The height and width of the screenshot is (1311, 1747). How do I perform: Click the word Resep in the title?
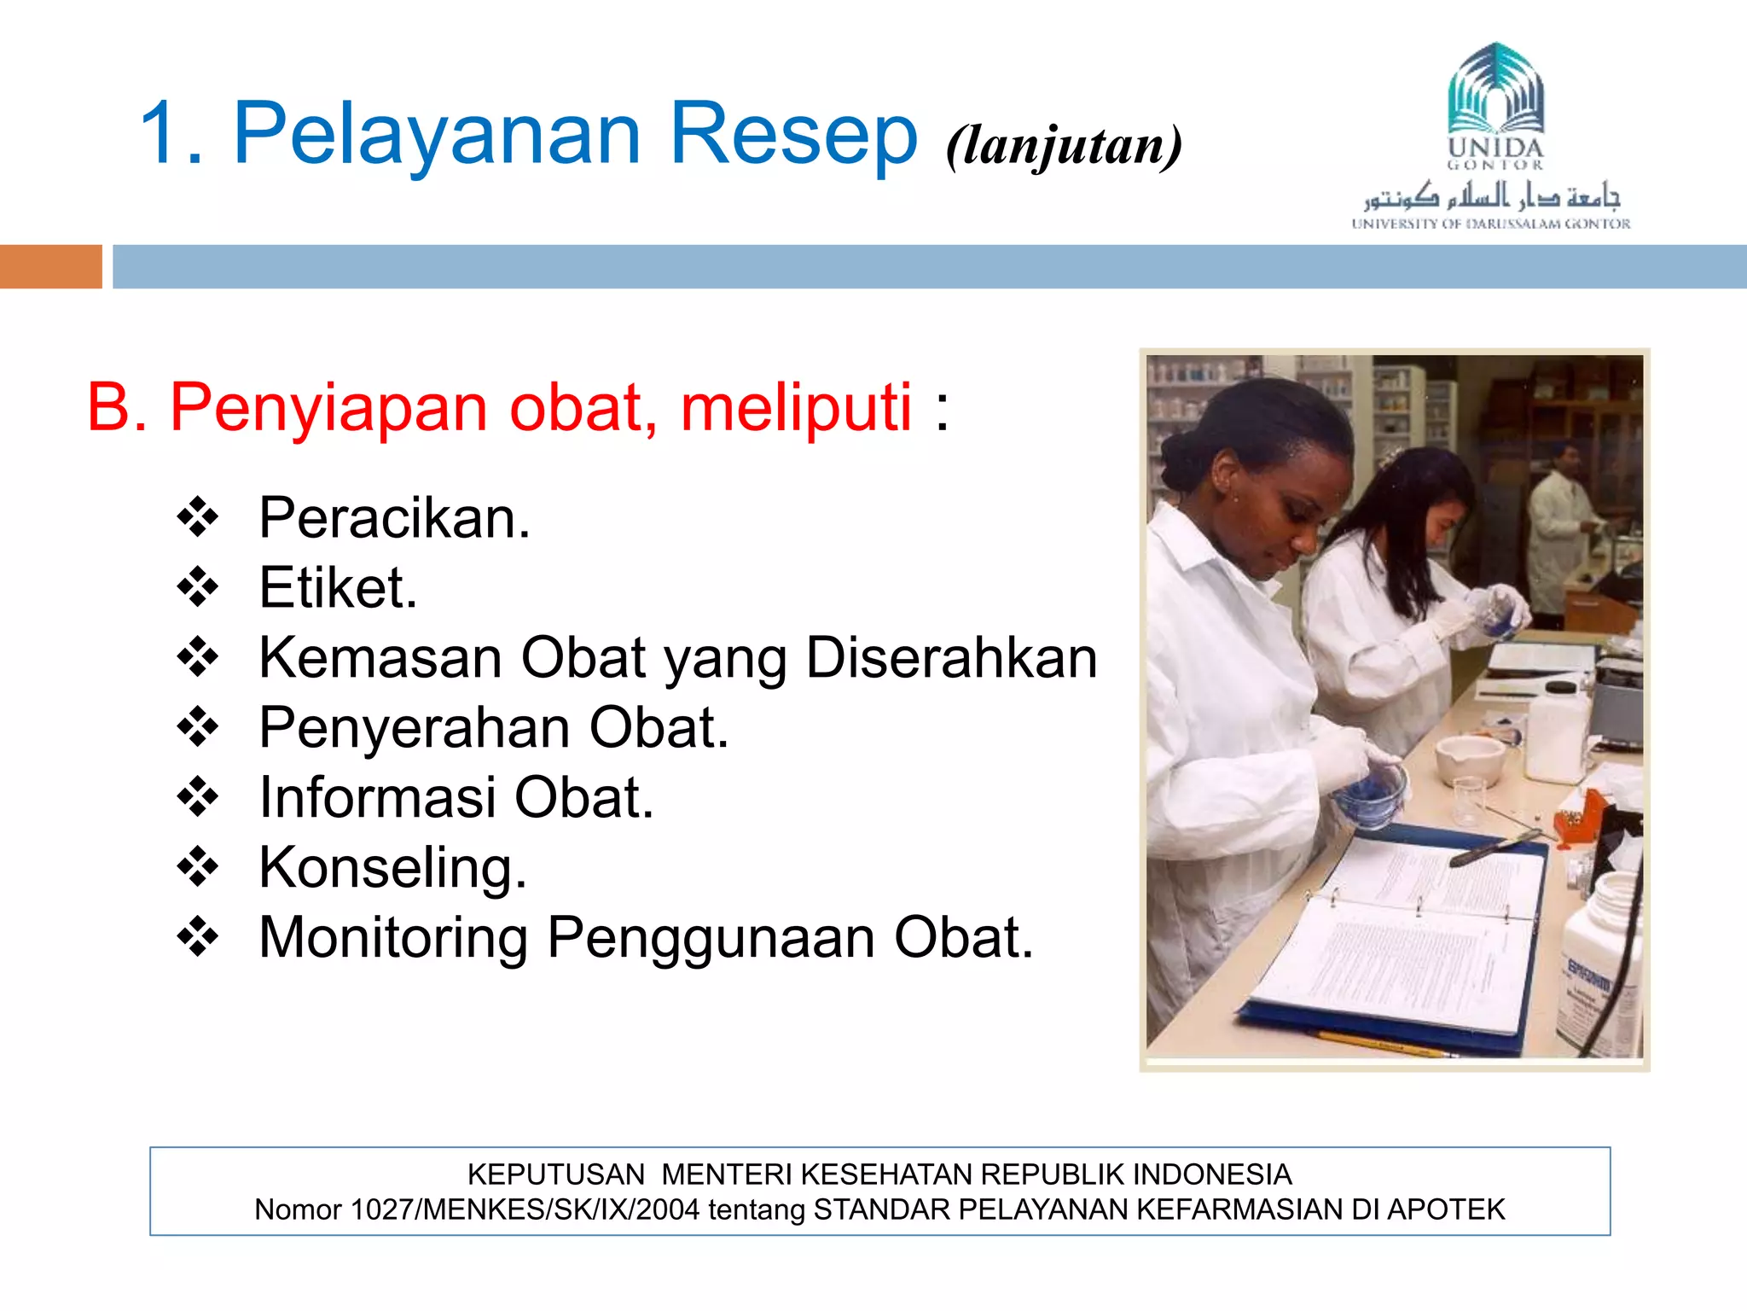pos(793,135)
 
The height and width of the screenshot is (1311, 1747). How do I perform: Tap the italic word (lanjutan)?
pos(1064,145)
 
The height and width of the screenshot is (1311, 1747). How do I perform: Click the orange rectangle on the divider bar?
pos(50,266)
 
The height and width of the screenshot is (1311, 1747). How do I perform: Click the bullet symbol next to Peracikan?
pos(198,518)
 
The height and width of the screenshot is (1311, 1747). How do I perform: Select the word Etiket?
pos(338,588)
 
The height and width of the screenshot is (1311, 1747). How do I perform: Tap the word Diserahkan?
pos(951,658)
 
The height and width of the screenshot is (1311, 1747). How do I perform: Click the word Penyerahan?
pos(415,728)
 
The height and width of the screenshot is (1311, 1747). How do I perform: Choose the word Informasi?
pos(378,798)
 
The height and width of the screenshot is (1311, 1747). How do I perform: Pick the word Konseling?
pos(392,868)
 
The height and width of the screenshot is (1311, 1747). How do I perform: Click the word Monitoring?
pos(393,938)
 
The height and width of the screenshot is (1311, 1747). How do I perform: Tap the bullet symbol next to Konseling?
pos(198,868)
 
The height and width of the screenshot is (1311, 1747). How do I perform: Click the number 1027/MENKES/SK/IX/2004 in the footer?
pos(525,1209)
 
